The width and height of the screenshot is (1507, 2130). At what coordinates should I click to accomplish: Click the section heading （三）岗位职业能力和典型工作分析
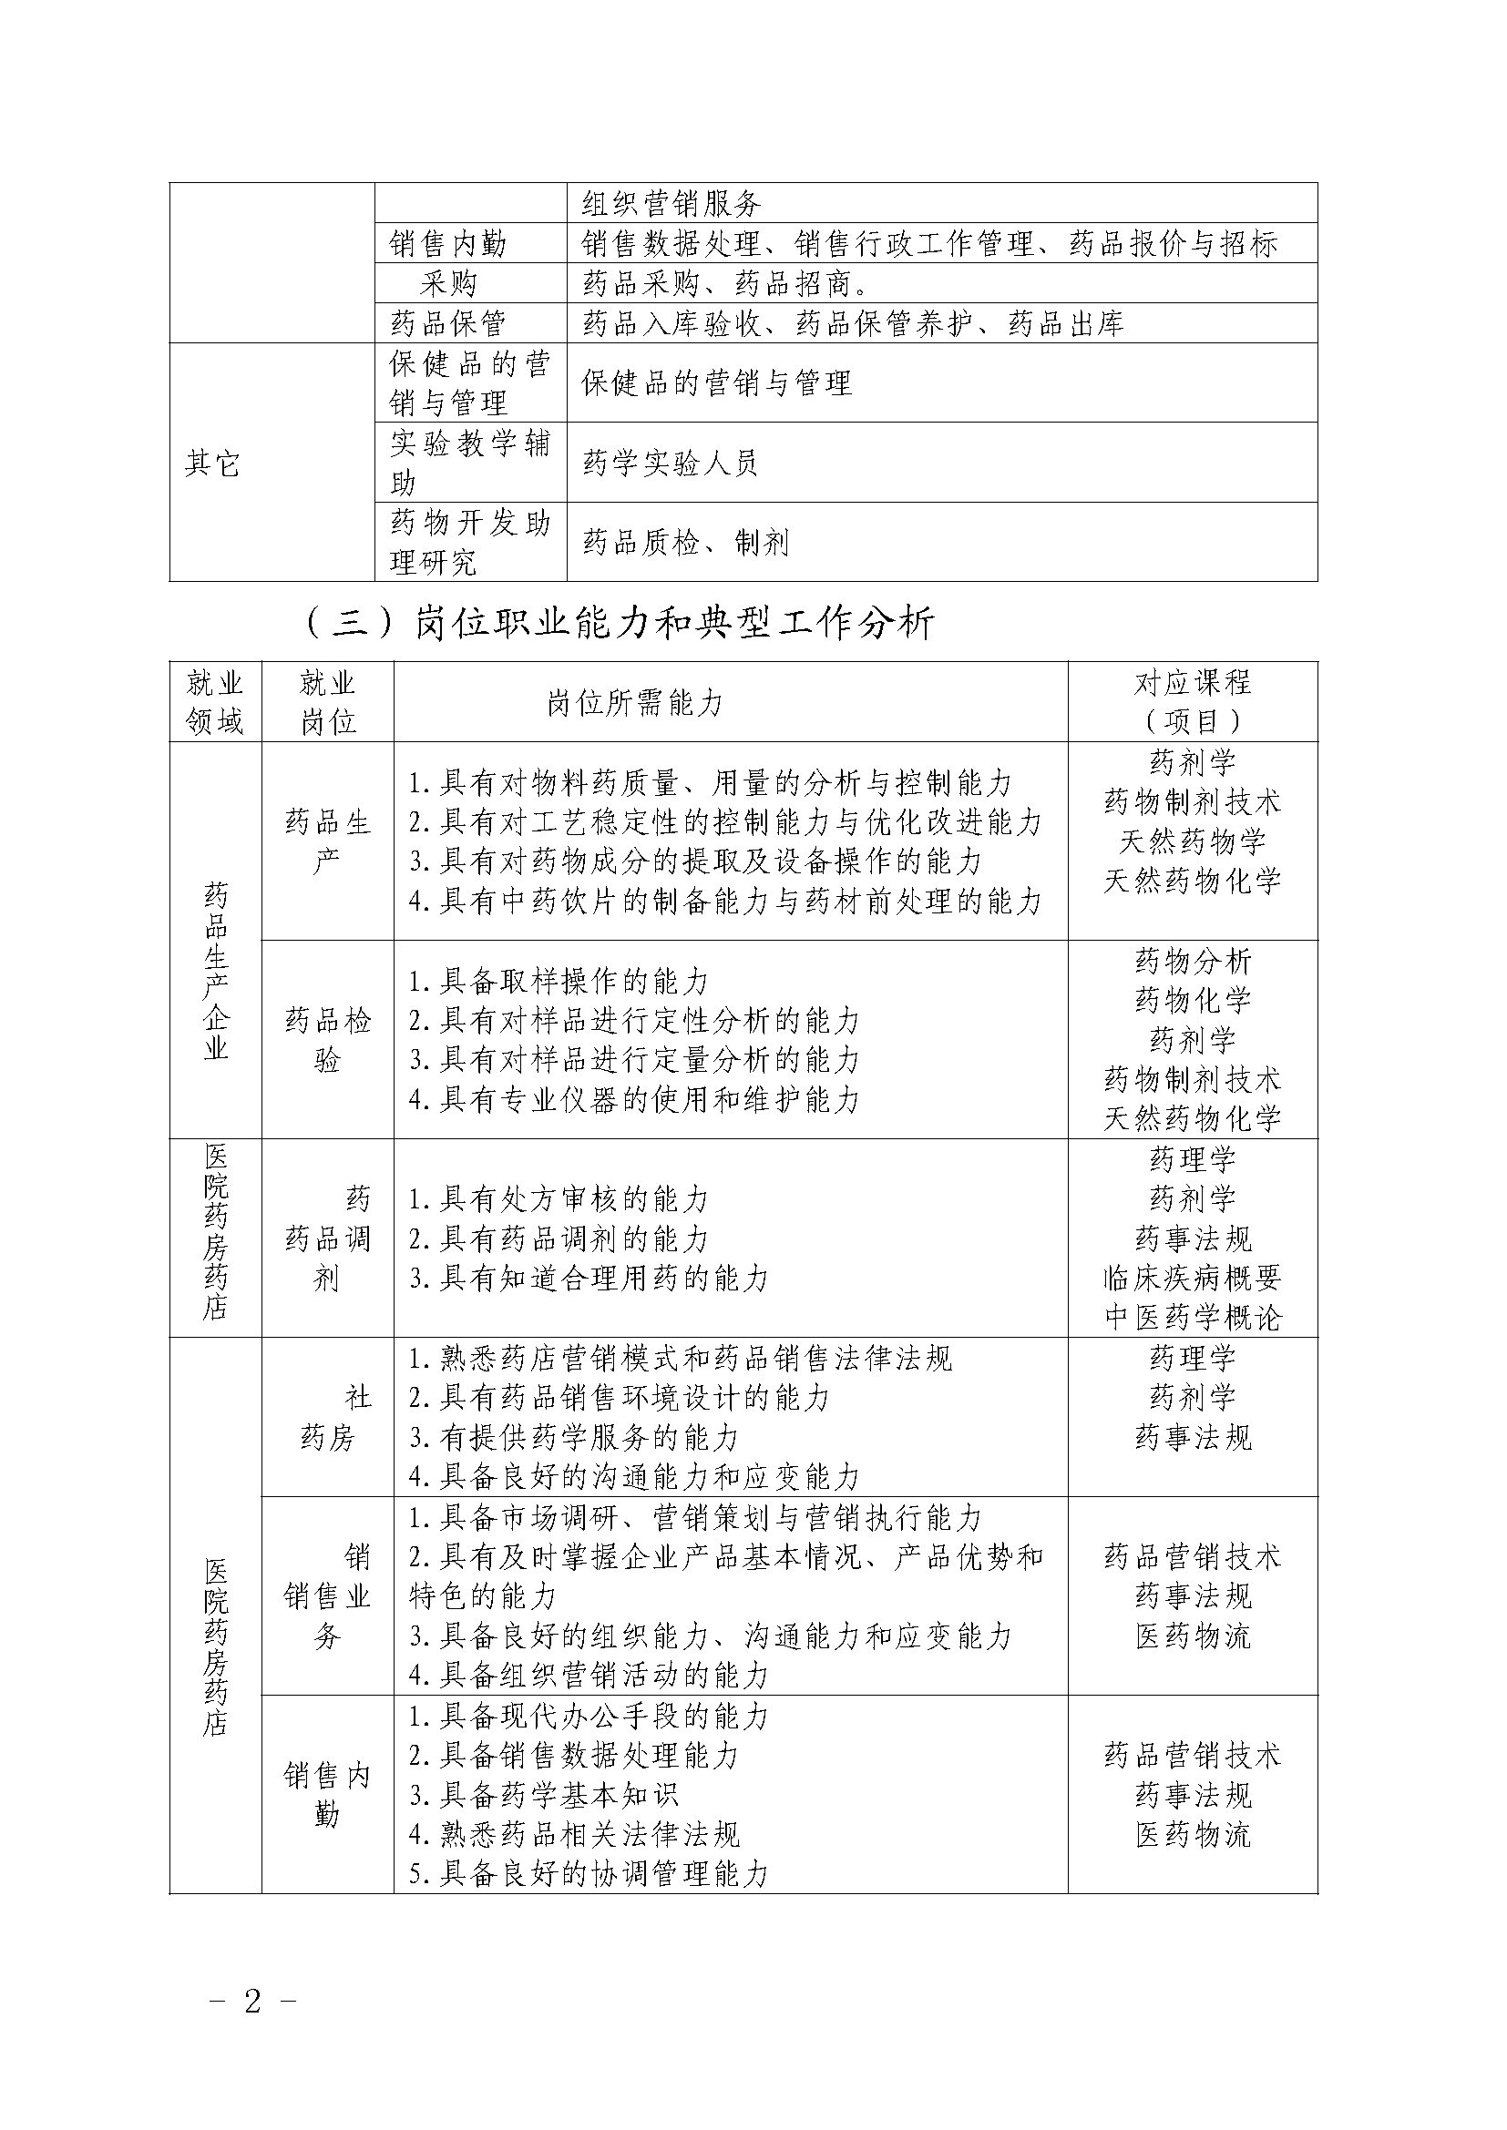pyautogui.click(x=619, y=623)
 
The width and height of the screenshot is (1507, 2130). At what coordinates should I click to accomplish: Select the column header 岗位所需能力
pyautogui.click(x=635, y=703)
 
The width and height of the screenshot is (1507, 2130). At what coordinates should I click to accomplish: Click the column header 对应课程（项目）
pyautogui.click(x=1193, y=702)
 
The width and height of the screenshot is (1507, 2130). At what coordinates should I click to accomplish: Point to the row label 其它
pyautogui.click(x=212, y=463)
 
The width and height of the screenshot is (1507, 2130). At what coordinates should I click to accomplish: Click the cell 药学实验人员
pyautogui.click(x=670, y=463)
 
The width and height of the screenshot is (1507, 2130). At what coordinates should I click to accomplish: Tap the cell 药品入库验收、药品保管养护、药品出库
pyautogui.click(x=853, y=323)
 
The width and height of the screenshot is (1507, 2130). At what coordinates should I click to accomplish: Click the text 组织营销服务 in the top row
pyautogui.click(x=671, y=203)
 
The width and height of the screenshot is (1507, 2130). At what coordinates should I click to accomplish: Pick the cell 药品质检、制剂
pyautogui.click(x=686, y=543)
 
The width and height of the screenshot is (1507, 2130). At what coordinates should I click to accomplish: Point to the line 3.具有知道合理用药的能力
pyautogui.click(x=589, y=1279)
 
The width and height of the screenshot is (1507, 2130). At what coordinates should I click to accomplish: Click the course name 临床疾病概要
pyautogui.click(x=1193, y=1279)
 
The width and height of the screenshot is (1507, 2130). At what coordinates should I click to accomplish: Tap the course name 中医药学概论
pyautogui.click(x=1193, y=1318)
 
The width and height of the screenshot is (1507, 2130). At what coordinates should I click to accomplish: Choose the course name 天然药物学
pyautogui.click(x=1193, y=841)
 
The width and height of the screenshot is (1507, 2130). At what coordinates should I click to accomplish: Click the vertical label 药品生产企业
pyautogui.click(x=216, y=972)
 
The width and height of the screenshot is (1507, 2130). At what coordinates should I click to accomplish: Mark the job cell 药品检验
pyautogui.click(x=328, y=1040)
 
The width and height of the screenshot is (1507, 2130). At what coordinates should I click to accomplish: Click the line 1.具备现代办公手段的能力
pyautogui.click(x=589, y=1717)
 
